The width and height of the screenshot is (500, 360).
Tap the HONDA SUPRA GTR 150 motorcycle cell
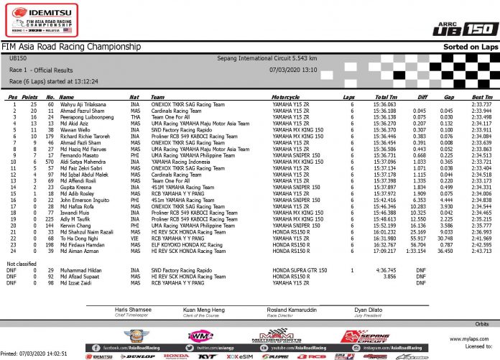click(296, 270)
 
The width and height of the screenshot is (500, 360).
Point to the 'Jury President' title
click(369, 313)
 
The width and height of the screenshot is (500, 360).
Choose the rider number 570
click(50, 162)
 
